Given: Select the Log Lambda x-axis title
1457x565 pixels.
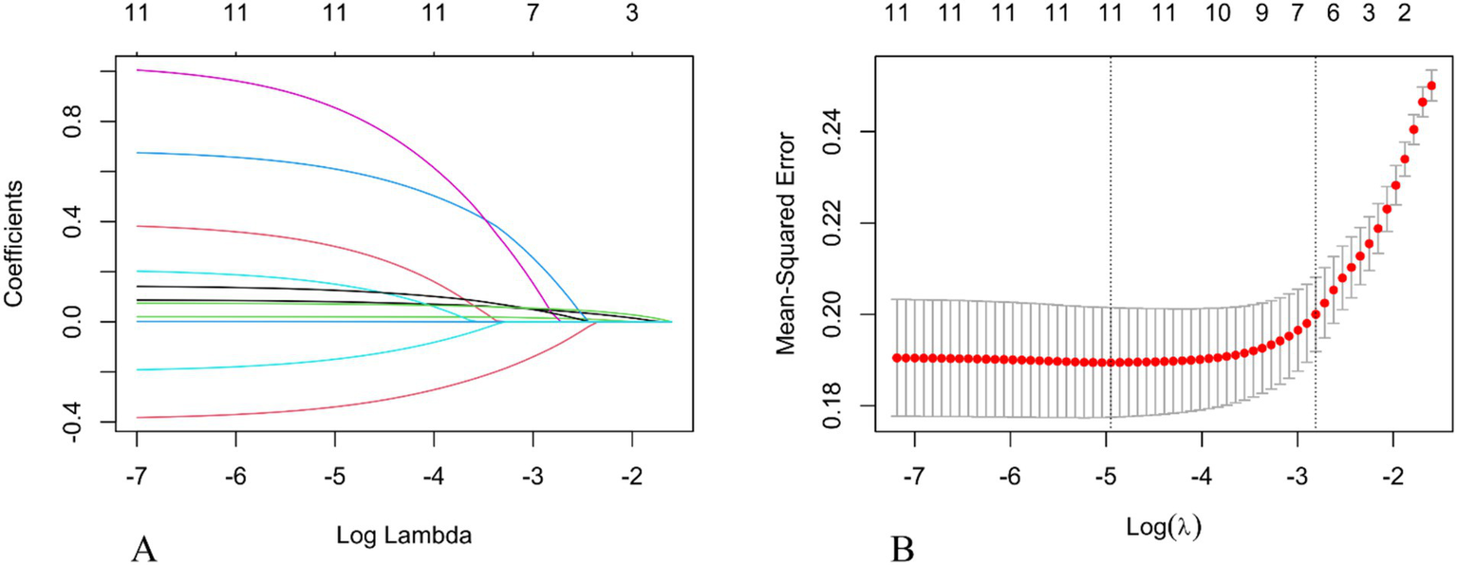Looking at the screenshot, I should point(404,535).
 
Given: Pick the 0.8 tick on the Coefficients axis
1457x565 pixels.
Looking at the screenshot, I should point(75,122).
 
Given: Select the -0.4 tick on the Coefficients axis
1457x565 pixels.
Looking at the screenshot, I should point(75,422).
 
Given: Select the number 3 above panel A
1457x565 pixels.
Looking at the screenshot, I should point(631,14).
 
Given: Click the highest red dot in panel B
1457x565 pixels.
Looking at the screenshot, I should point(1431,85).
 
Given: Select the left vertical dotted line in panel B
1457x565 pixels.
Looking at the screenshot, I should point(1110,237).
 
